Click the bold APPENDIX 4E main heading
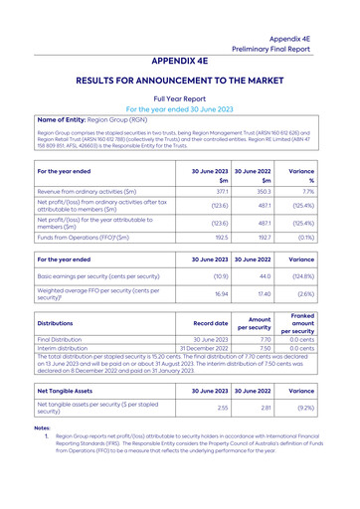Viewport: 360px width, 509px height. pyautogui.click(x=180, y=59)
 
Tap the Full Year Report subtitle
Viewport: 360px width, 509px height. pyautogui.click(x=180, y=99)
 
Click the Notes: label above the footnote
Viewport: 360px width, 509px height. pyautogui.click(x=43, y=427)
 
